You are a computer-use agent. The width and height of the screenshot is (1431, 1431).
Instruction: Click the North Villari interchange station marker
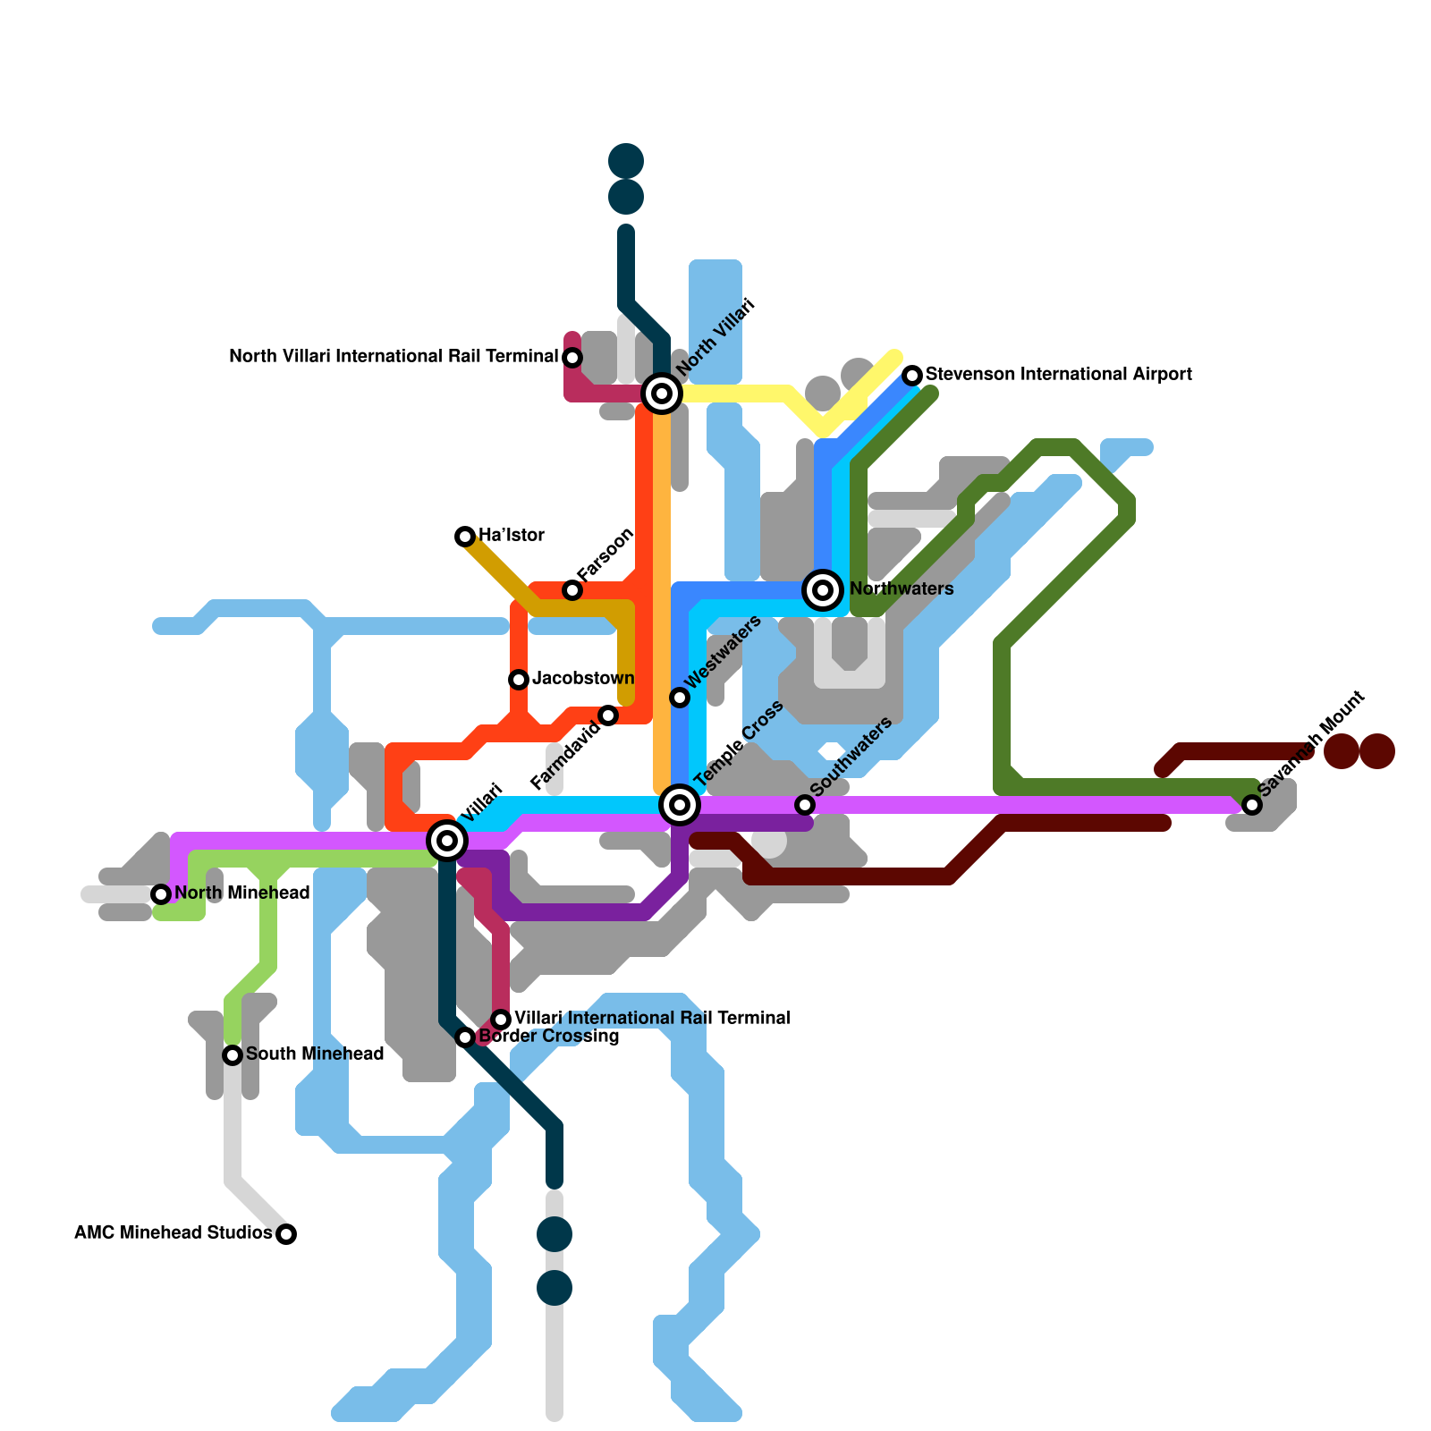pos(662,394)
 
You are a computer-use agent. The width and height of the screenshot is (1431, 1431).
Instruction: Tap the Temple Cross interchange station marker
pos(680,805)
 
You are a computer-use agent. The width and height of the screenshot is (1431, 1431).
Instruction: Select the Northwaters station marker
pos(823,590)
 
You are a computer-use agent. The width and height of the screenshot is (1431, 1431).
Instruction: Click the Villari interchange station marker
pos(447,840)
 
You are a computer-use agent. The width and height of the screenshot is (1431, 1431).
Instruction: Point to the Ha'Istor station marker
pos(465,537)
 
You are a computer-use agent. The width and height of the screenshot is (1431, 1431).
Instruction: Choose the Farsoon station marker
pos(572,590)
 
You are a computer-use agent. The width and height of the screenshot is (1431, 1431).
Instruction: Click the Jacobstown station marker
pos(519,680)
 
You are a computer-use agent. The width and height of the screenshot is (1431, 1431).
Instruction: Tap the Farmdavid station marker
pos(608,715)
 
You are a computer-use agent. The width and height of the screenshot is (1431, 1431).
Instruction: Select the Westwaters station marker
pos(680,698)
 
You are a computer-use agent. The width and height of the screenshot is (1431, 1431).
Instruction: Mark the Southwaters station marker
pos(805,805)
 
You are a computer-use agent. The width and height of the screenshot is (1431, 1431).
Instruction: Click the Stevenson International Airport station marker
pos(912,375)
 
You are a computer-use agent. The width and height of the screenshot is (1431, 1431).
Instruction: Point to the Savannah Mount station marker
pos(1252,805)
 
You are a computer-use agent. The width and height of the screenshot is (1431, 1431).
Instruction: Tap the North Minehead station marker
pos(161,894)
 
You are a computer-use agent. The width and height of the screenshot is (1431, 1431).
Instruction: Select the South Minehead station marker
pos(233,1055)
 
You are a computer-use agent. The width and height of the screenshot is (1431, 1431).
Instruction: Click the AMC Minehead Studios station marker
pos(286,1234)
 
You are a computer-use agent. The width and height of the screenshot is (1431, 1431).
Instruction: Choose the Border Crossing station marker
pos(465,1037)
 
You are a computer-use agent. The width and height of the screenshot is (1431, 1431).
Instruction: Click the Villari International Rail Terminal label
pos(652,1019)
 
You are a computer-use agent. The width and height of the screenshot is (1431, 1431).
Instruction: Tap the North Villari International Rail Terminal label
pos(394,357)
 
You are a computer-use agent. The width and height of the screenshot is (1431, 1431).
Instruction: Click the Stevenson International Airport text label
pos(1059,375)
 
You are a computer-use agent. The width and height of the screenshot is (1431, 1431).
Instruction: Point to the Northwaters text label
pos(902,589)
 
